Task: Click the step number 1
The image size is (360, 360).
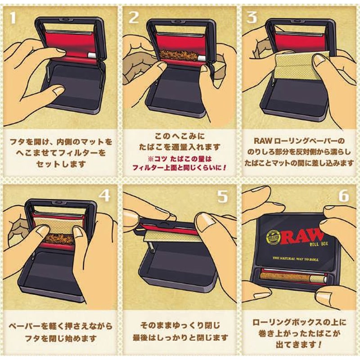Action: coord(13,17)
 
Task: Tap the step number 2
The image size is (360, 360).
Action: coord(133,17)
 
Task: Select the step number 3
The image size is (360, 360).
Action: coord(252,17)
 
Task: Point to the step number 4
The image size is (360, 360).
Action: coord(105,196)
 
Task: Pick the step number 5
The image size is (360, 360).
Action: coord(223,196)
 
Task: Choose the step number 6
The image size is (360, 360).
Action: coord(344,196)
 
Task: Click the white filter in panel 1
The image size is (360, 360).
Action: coord(93,55)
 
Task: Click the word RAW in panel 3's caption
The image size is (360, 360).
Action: coord(261,141)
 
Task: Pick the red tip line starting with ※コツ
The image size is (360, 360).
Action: coord(180,159)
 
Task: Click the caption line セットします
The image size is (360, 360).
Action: coord(61,164)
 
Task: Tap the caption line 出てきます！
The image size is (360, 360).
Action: coord(298,344)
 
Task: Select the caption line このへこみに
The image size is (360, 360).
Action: coord(180,136)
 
